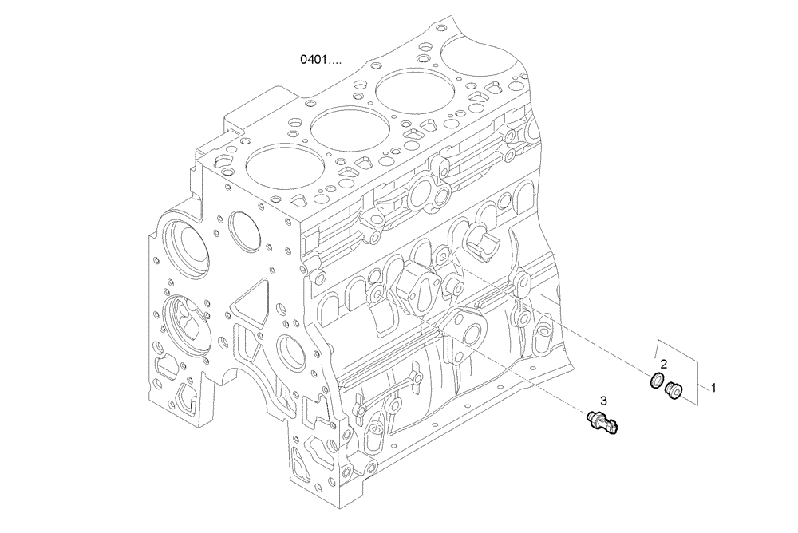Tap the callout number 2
662,364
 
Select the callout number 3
604,400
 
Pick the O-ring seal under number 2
656,382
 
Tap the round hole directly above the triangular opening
243,230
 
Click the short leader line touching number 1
701,387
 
